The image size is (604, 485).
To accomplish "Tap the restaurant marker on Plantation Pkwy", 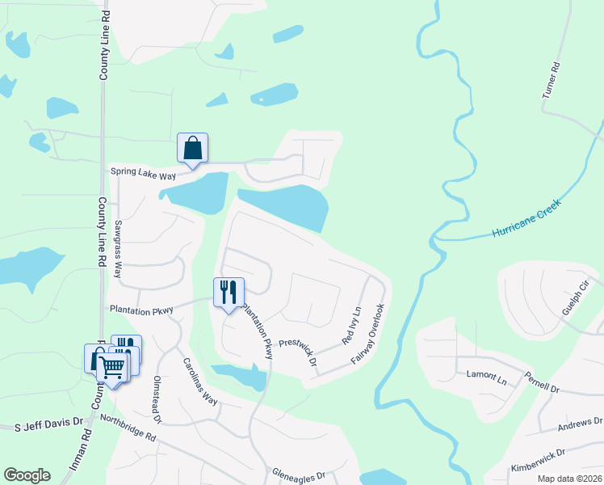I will pos(229,292).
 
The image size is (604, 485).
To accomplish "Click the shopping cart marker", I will pos(113,369).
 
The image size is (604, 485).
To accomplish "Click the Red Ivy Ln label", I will pos(350,326).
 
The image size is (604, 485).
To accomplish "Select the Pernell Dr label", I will pos(541,383).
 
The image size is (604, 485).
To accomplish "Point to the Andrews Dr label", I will pos(581,423).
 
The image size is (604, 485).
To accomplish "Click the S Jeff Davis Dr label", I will pos(49,423).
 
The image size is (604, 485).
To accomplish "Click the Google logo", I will pos(27,475).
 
